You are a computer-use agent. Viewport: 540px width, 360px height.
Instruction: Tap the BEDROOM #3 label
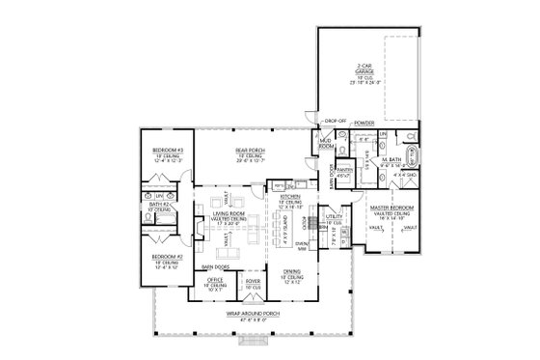tap(168, 150)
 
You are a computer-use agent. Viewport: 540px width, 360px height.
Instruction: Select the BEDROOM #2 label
tap(168, 256)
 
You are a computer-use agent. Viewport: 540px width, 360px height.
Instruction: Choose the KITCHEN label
tap(290, 197)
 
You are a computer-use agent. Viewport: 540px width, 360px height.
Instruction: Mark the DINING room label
tap(291, 271)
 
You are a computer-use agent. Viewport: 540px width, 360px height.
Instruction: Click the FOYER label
tap(253, 281)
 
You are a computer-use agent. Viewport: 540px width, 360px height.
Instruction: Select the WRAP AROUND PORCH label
tap(253, 314)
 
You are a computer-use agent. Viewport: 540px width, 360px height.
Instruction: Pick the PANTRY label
tap(344, 169)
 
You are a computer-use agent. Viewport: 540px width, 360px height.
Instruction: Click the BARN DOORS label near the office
tap(214, 265)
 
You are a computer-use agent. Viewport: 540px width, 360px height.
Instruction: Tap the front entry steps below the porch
tap(253, 339)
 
